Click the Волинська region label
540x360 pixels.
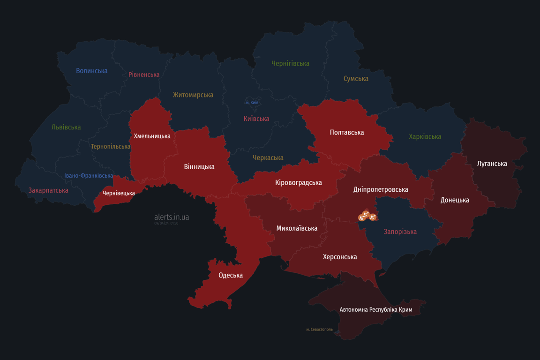point(92,71)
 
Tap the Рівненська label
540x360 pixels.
point(144,75)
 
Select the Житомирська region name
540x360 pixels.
point(193,95)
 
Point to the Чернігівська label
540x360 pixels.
point(290,63)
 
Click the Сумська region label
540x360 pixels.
point(356,79)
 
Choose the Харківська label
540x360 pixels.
point(425,137)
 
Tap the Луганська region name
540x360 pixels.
point(492,164)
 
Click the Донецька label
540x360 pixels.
point(454,200)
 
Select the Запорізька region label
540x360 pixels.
point(400,232)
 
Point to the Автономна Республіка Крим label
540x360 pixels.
point(376,310)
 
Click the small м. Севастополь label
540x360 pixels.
point(319,330)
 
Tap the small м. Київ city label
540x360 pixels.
point(252,102)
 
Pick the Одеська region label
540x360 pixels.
point(231,275)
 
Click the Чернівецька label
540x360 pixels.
point(119,193)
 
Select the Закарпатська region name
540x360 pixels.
point(48,190)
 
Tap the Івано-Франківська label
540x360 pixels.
point(89,176)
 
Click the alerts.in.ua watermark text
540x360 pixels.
point(172,217)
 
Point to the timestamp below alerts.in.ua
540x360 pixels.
point(166,224)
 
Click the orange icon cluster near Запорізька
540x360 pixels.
point(367,216)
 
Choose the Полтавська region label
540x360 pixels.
point(346,133)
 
